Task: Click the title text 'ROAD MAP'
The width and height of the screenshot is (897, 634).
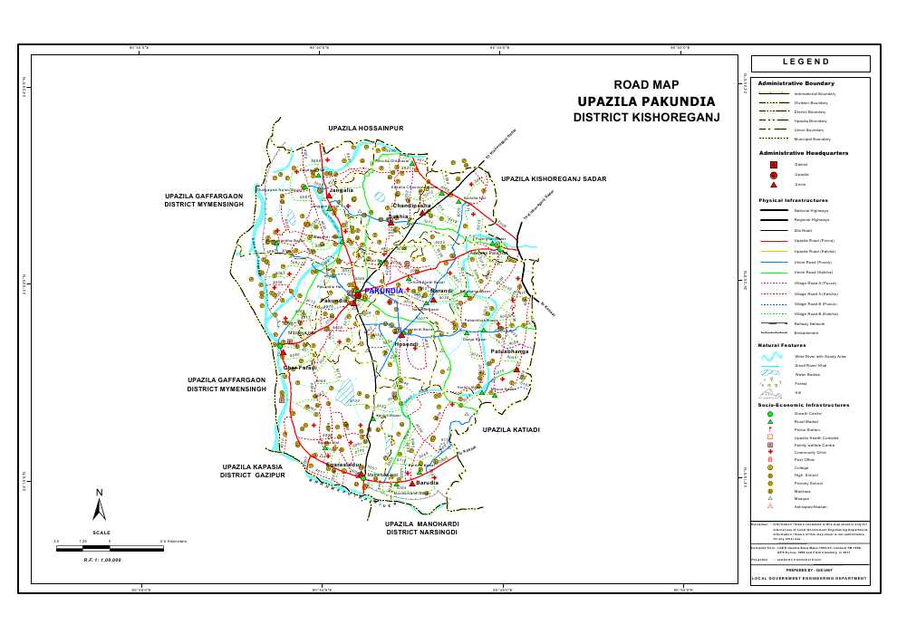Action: pyautogui.click(x=646, y=84)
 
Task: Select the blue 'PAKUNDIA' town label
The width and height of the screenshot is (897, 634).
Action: pyautogui.click(x=383, y=291)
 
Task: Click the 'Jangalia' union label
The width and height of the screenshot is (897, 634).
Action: pyautogui.click(x=341, y=191)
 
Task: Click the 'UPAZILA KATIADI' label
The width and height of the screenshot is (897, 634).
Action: pyautogui.click(x=511, y=429)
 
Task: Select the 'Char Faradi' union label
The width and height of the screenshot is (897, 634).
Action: pyautogui.click(x=300, y=367)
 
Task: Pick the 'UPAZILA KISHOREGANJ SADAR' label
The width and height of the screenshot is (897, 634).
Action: pyautogui.click(x=554, y=179)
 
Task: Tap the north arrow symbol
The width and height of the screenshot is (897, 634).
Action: pyautogui.click(x=101, y=504)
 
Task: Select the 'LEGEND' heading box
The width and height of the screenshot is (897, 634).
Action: pyautogui.click(x=810, y=63)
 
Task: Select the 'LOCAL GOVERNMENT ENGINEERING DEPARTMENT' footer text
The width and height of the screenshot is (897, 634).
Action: pyautogui.click(x=809, y=579)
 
